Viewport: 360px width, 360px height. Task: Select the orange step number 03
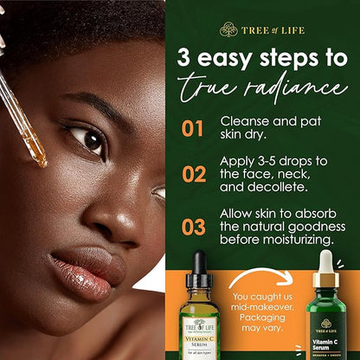(193, 228)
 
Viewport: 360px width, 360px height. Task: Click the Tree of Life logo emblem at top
(228, 29)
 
